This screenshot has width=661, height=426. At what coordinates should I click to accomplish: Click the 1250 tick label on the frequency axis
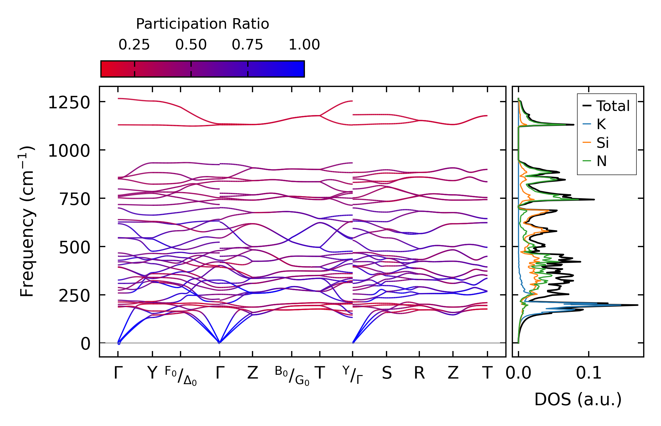69,103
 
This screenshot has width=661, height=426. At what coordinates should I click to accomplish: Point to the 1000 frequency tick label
69,151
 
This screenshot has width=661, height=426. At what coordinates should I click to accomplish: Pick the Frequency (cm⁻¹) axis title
27,221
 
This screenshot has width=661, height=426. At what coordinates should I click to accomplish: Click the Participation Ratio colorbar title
202,24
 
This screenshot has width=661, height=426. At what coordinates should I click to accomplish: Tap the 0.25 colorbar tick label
134,45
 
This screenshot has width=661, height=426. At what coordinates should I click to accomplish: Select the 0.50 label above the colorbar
191,45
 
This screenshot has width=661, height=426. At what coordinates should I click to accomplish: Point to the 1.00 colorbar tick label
304,45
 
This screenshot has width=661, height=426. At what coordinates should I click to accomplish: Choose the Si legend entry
602,143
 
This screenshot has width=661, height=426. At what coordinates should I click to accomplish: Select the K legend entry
601,124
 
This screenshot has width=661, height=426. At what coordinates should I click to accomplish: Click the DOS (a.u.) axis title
578,399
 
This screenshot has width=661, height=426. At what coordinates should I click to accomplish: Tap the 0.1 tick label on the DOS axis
589,373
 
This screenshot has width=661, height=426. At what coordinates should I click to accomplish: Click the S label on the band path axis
387,373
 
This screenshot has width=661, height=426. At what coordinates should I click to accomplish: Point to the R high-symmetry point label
419,373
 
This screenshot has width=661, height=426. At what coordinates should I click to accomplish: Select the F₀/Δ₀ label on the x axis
181,376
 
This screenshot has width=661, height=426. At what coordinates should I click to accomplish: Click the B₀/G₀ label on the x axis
292,376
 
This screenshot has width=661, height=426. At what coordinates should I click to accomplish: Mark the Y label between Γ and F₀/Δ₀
152,373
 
